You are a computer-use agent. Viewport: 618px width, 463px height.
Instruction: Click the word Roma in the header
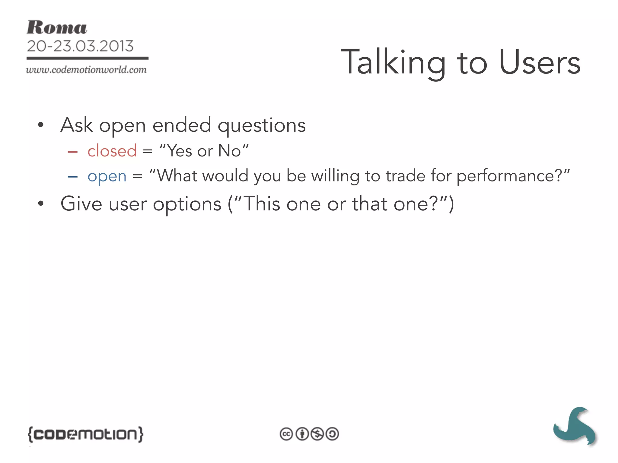pyautogui.click(x=57, y=28)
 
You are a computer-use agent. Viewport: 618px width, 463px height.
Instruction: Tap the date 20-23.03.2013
pyautogui.click(x=80, y=46)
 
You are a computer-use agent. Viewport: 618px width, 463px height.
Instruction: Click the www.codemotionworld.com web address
pyautogui.click(x=86, y=70)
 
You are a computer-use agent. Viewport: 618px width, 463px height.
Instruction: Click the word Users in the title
pyautogui.click(x=540, y=62)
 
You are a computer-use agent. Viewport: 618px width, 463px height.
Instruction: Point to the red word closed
pyautogui.click(x=112, y=151)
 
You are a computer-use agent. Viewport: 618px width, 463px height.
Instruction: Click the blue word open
pyautogui.click(x=107, y=176)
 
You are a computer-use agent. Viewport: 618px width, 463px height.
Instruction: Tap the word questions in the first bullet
pyautogui.click(x=262, y=126)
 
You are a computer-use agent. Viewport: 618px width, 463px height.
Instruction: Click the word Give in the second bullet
pyautogui.click(x=81, y=204)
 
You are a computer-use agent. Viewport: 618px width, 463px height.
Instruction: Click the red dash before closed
pyautogui.click(x=73, y=152)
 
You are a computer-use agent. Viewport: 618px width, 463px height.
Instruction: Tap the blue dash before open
pyautogui.click(x=73, y=177)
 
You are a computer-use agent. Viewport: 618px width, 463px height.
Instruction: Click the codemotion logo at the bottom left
pyautogui.click(x=85, y=434)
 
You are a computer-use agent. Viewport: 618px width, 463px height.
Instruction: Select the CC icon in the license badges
pyautogui.click(x=286, y=434)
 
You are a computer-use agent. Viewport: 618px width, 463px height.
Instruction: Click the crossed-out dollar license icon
pyautogui.click(x=317, y=434)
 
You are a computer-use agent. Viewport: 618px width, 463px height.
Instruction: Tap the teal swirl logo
pyautogui.click(x=575, y=426)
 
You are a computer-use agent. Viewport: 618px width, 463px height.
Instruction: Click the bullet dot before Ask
pyautogui.click(x=41, y=125)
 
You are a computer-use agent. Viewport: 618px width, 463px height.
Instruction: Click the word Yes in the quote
pyautogui.click(x=179, y=151)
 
